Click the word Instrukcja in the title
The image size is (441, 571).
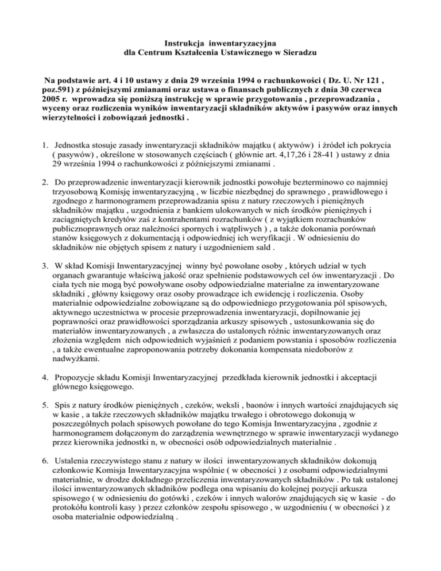click(171, 41)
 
